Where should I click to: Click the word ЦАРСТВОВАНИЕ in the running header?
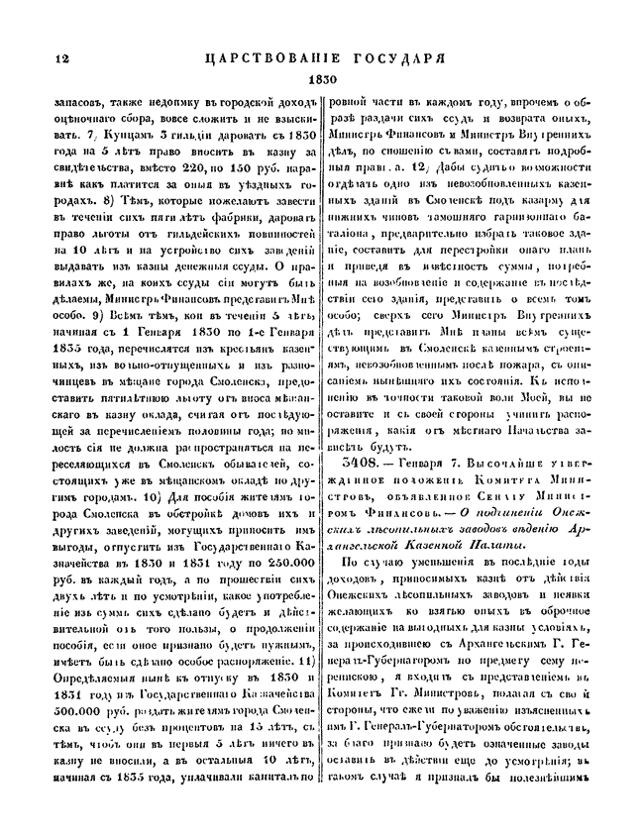pos(271,58)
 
